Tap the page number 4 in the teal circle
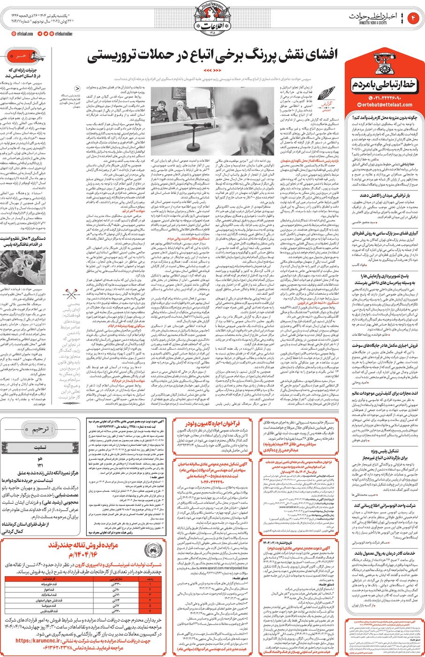(x=414, y=18)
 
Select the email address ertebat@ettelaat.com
(x=384, y=105)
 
